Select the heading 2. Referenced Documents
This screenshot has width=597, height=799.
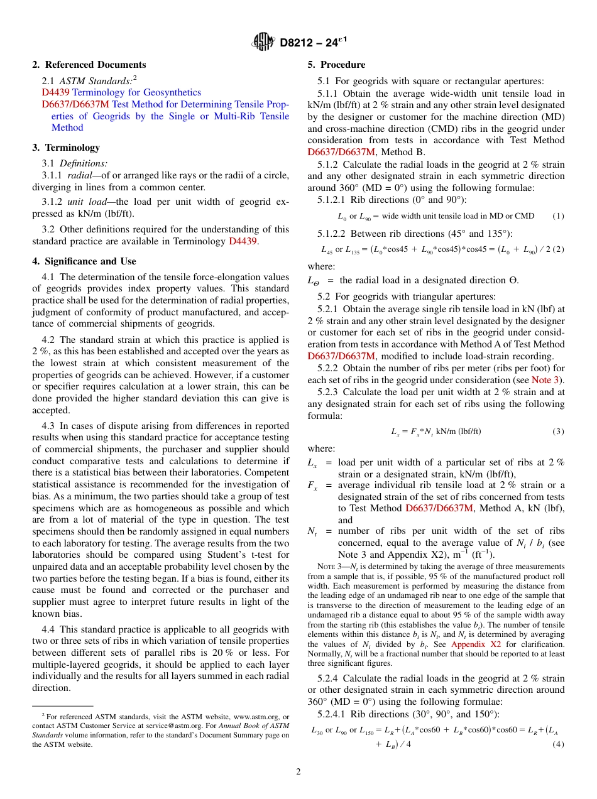pyautogui.click(x=89, y=65)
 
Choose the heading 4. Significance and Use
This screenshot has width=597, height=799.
pyautogui.click(x=84, y=261)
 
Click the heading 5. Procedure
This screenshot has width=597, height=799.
pyautogui.click(x=336, y=65)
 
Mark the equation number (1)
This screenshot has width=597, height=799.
pyautogui.click(x=558, y=216)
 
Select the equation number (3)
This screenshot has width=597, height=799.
pyautogui.click(x=558, y=432)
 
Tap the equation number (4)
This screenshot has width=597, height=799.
pyautogui.click(x=558, y=744)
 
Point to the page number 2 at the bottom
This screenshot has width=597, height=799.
pyautogui.click(x=298, y=772)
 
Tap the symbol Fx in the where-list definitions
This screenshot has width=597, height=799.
pyautogui.click(x=312, y=486)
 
